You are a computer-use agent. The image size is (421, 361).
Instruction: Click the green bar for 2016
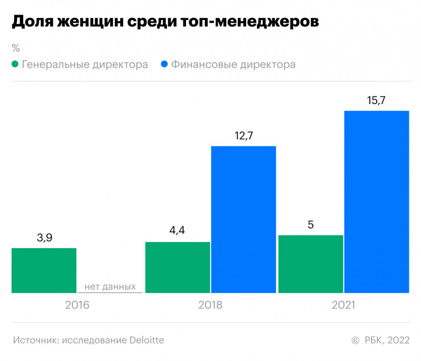point(44,270)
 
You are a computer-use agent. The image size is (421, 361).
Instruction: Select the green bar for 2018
point(177,267)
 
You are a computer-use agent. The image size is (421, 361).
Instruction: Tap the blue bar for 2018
point(243,220)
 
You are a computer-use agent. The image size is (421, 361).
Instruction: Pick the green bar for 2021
point(311,264)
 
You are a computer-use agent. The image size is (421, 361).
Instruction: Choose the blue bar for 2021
point(377,202)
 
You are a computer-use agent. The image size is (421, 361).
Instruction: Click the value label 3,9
point(44,238)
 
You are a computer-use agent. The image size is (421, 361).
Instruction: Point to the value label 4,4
point(177,232)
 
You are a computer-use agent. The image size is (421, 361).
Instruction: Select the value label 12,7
point(244,136)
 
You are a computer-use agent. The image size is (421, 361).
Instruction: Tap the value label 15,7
point(376,100)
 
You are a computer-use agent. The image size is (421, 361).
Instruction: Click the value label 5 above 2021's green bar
point(311,224)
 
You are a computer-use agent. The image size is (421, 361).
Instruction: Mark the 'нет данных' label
point(110,286)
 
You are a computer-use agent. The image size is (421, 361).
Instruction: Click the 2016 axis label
point(77,305)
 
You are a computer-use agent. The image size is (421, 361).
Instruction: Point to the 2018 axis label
point(210,305)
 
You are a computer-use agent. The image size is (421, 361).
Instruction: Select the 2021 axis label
point(343,305)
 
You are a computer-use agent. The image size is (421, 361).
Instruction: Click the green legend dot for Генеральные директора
point(15,64)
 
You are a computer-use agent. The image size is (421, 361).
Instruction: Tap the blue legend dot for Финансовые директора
point(164,64)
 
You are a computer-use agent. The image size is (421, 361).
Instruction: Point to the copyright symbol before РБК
point(355,340)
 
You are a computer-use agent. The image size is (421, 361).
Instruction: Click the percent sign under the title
point(16,47)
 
